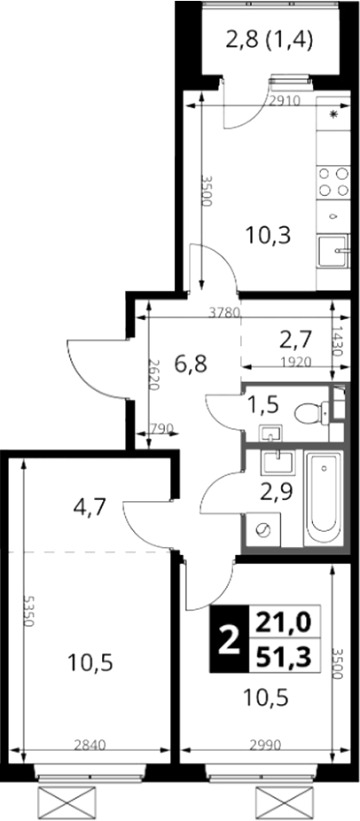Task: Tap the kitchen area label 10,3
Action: (x=269, y=235)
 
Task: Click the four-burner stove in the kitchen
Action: (x=334, y=181)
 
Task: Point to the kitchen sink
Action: (x=333, y=251)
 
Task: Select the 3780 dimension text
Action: (x=223, y=313)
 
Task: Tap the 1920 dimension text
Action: (x=296, y=361)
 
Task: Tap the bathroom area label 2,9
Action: (x=277, y=491)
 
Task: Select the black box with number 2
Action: (x=227, y=638)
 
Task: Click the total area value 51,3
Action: (x=283, y=655)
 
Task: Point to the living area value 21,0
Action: (x=283, y=623)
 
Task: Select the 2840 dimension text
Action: (x=90, y=744)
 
